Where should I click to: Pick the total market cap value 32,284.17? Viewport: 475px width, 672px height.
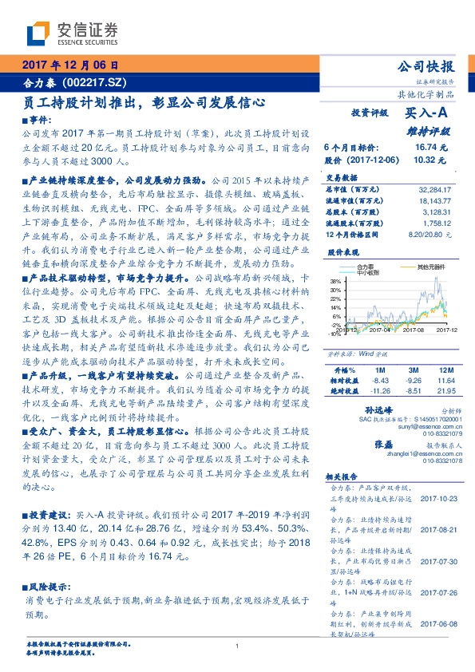pyautogui.click(x=434, y=188)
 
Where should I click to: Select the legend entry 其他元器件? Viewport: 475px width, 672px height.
pyautogui.click(x=430, y=266)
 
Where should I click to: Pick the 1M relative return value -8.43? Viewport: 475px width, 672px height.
pyautogui.click(x=380, y=381)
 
